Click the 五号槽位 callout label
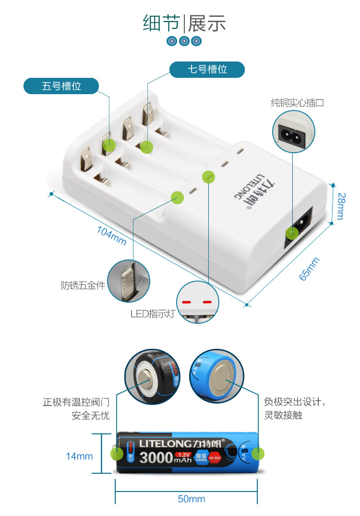pyautogui.click(x=61, y=86)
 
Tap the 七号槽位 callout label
pyautogui.click(x=207, y=70)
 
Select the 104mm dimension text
pyautogui.click(x=111, y=235)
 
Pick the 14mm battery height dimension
pyautogui.click(x=79, y=456)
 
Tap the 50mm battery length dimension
pyautogui.click(x=191, y=499)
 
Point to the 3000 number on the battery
pyautogui.click(x=156, y=457)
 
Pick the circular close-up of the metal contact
pyautogui.click(x=128, y=281)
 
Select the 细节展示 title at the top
pyautogui.click(x=184, y=23)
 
